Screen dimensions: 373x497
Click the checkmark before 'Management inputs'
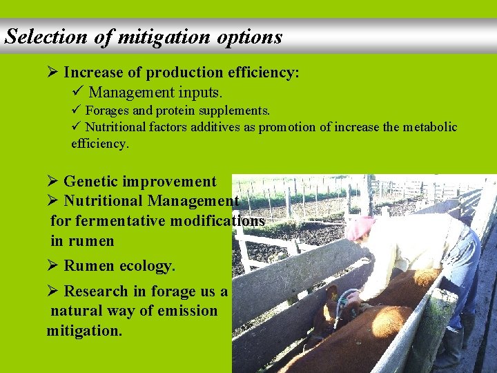tap(77, 91)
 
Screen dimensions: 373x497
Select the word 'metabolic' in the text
tap(426, 127)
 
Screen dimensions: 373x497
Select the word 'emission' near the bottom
tap(186, 311)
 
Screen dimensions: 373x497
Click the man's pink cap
tap(358, 227)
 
